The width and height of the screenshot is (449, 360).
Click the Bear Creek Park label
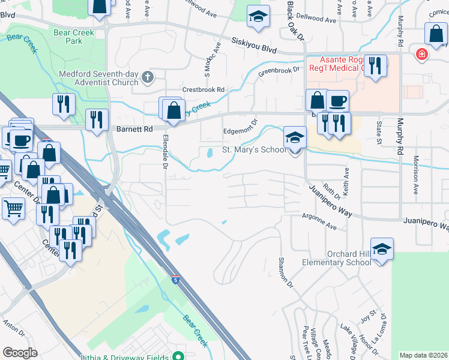click(x=74, y=37)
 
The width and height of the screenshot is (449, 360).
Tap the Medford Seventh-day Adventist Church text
click(x=98, y=79)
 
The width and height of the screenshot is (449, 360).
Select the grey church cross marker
click(x=148, y=76)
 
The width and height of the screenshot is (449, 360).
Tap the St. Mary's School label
click(x=254, y=149)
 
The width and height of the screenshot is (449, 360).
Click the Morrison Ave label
click(x=415, y=175)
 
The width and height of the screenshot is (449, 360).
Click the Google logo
click(x=20, y=352)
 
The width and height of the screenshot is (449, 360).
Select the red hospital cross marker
click(x=422, y=55)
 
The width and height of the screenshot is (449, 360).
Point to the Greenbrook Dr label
click(x=279, y=70)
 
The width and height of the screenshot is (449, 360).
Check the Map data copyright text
click(x=423, y=355)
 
